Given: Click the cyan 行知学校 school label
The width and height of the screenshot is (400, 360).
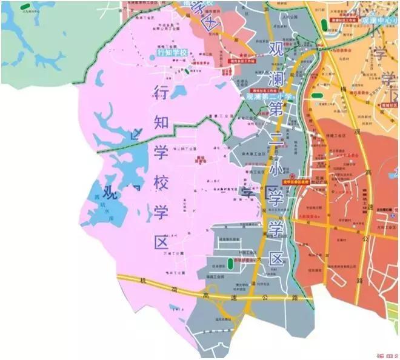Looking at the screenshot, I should (173, 53).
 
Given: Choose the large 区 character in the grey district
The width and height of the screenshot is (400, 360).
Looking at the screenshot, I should (276, 259).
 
